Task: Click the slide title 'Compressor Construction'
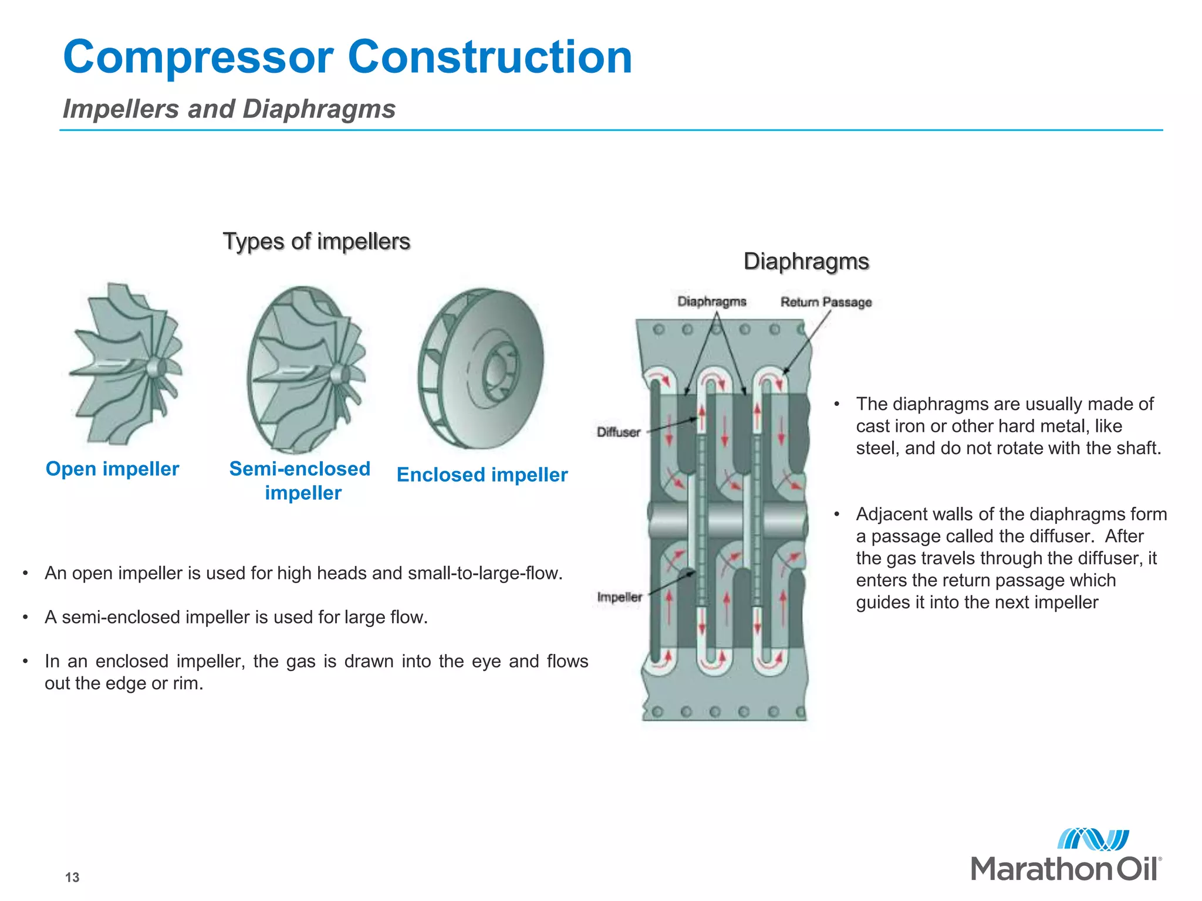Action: [x=347, y=57]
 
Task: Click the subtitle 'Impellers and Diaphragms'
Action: [x=229, y=109]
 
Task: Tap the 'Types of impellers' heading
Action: [x=316, y=242]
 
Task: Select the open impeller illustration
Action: [x=126, y=364]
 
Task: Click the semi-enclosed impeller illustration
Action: [x=305, y=370]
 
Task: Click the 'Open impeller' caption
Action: [x=112, y=469]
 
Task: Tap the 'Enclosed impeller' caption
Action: [x=482, y=475]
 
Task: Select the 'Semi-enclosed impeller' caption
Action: [x=300, y=480]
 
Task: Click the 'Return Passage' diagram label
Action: [x=826, y=302]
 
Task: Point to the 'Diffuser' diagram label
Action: [x=618, y=432]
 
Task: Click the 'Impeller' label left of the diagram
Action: [x=619, y=597]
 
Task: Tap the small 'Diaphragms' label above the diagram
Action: [x=712, y=302]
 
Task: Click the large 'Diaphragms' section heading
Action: [x=806, y=262]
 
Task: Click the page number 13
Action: [x=72, y=877]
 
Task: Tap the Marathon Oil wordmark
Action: [x=1065, y=869]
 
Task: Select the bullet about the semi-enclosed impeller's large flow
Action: [x=236, y=617]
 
